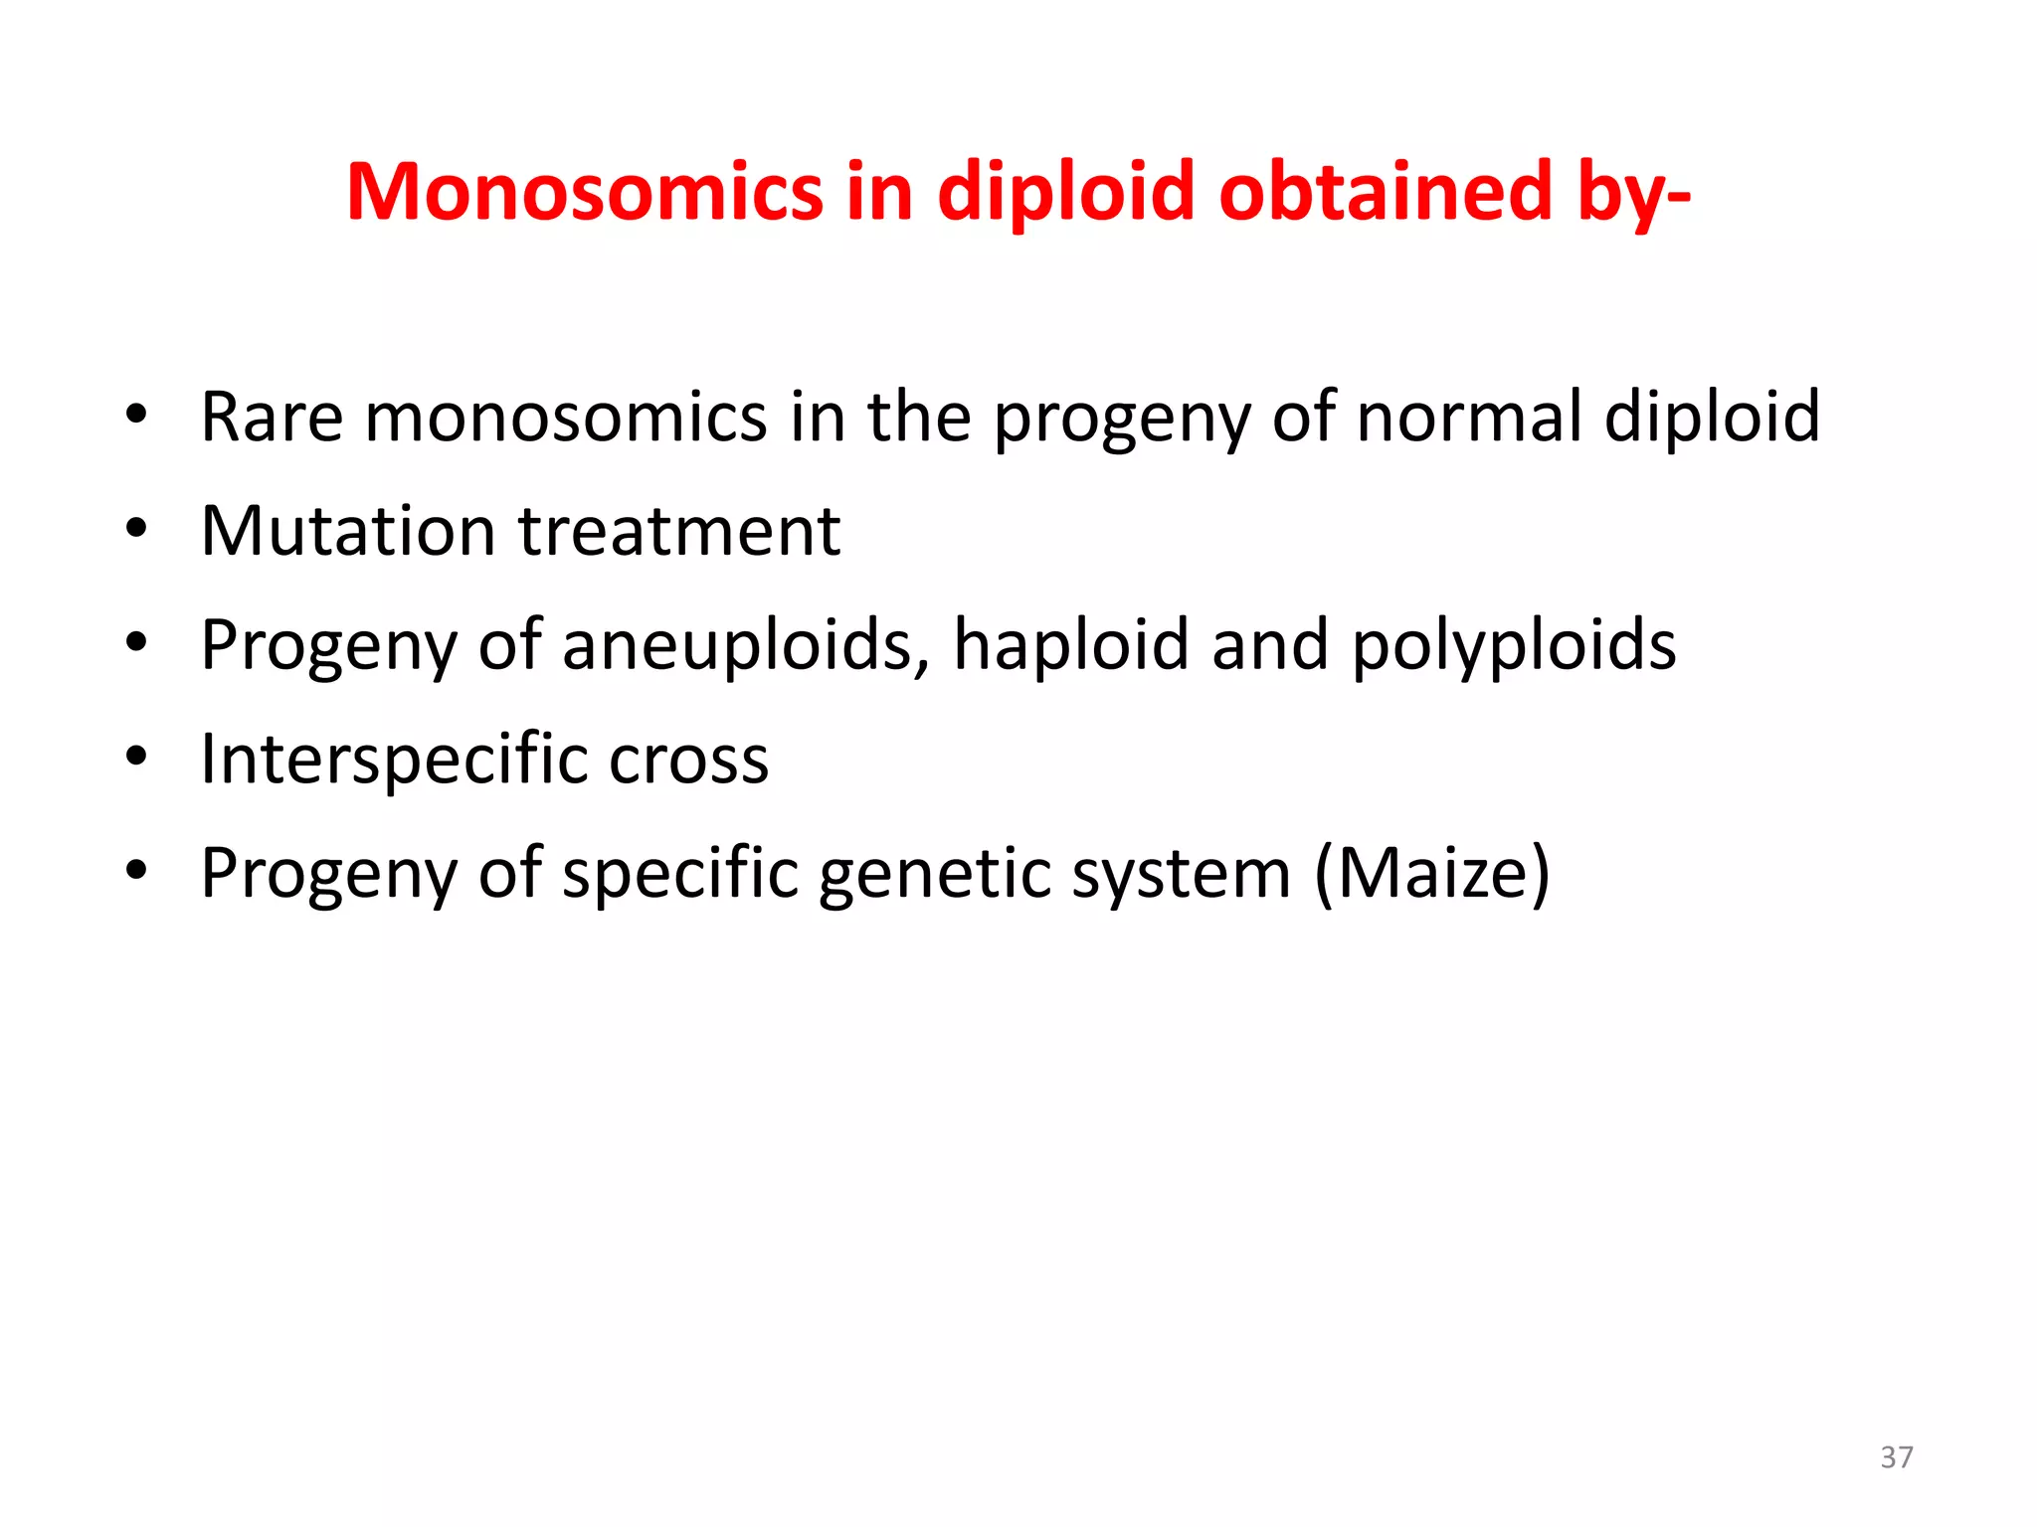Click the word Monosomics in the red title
[585, 192]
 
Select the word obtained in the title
[1386, 192]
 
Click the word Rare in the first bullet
[272, 417]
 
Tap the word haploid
[1070, 645]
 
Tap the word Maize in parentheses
[1432, 874]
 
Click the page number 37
[1897, 1457]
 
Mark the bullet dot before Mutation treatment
[137, 528]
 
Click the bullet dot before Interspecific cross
[137, 757]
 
